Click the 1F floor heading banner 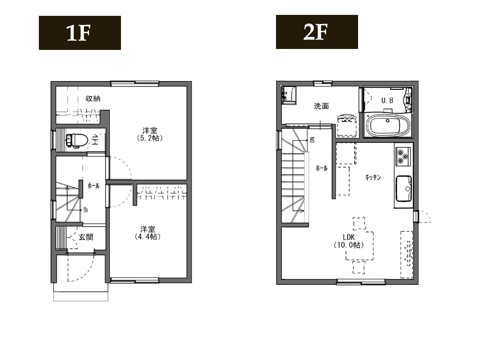pos(80,33)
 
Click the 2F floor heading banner pos(317,32)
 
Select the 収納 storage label pos(93,98)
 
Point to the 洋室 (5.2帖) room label pos(150,134)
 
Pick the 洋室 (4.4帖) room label pos(147,233)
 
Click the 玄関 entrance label pos(86,237)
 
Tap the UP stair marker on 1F pos(86,210)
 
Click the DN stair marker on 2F pos(312,140)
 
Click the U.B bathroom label pos(387,100)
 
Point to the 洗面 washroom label pos(322,106)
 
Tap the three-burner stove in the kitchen pos(403,156)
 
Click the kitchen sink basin pos(404,189)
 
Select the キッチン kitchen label pos(373,177)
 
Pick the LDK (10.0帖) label pos(348,241)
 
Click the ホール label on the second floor pos(322,168)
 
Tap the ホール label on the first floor pos(94,185)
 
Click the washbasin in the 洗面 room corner pos(288,95)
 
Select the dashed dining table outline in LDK pos(360,246)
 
